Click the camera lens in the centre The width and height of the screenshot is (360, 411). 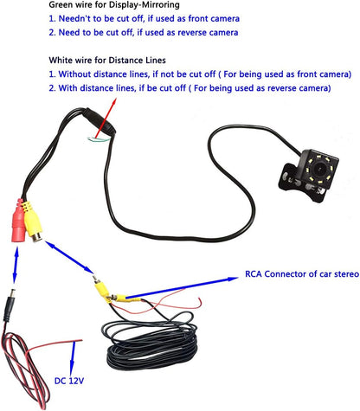319,167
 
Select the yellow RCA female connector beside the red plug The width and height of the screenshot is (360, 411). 33,222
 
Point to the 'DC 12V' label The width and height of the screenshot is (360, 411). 69,381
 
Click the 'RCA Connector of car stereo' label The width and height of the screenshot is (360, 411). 302,273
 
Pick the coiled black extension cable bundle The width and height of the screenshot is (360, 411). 152,344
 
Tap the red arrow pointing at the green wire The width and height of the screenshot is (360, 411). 106,119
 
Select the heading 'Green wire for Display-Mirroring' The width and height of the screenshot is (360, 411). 114,4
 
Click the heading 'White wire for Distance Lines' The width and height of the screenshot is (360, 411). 107,61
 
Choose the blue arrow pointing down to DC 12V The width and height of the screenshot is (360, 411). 73,357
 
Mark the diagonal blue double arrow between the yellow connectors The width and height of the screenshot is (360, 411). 69,257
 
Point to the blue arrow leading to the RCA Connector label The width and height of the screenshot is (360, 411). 182,287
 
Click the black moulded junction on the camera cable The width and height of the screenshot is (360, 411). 99,120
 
